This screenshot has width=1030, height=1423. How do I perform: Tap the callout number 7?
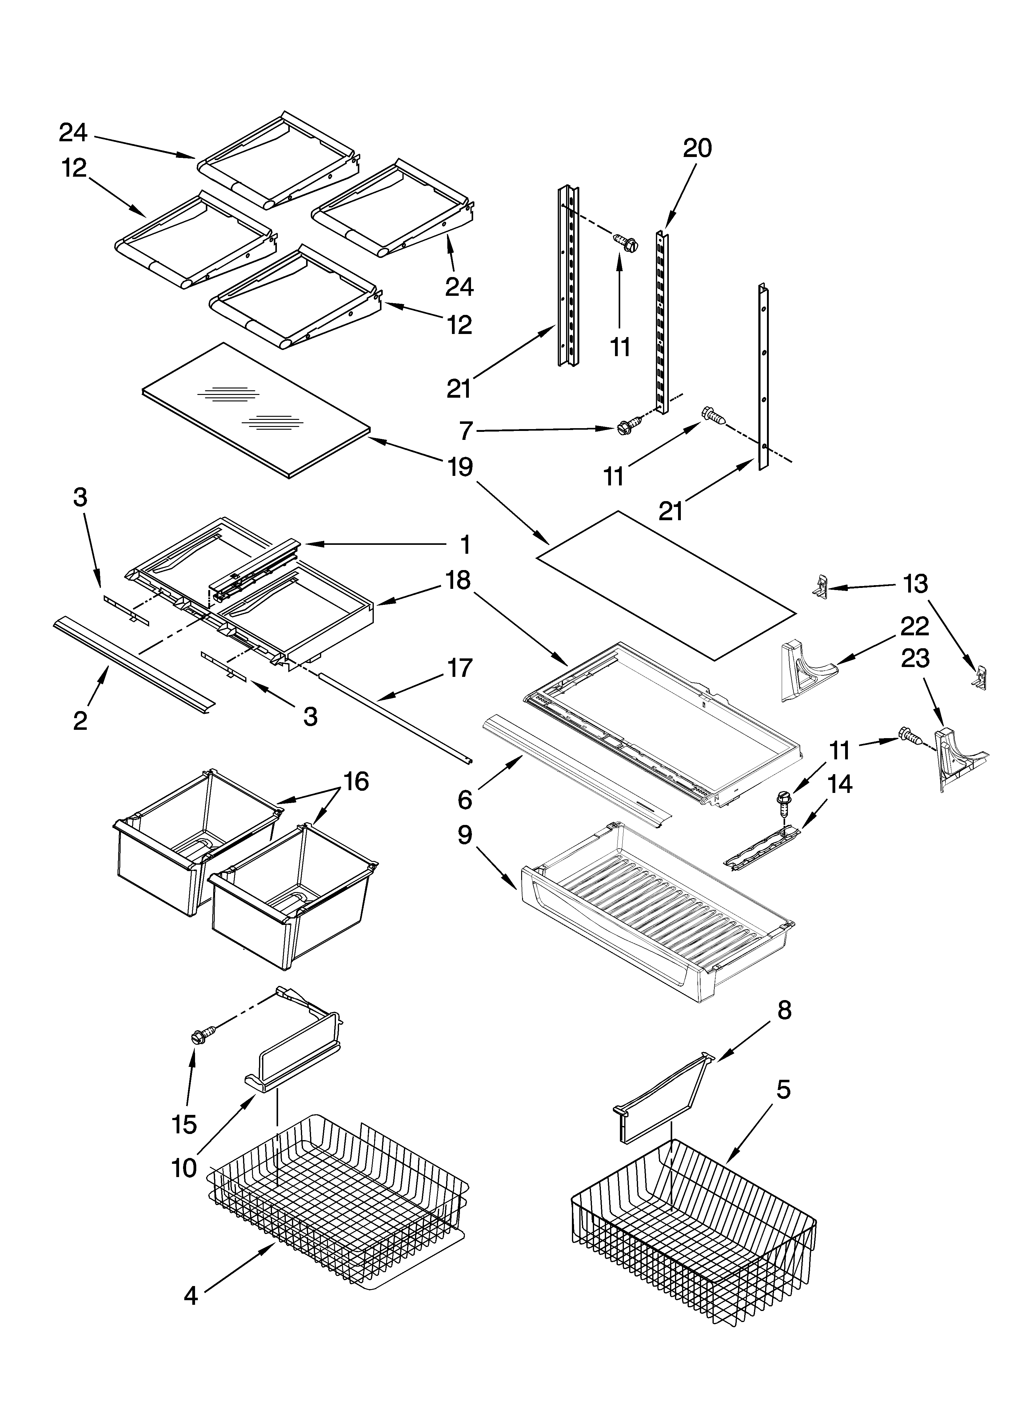(465, 431)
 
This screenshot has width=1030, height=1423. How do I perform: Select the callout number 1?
(465, 545)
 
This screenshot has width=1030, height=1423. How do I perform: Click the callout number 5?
(784, 1090)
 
